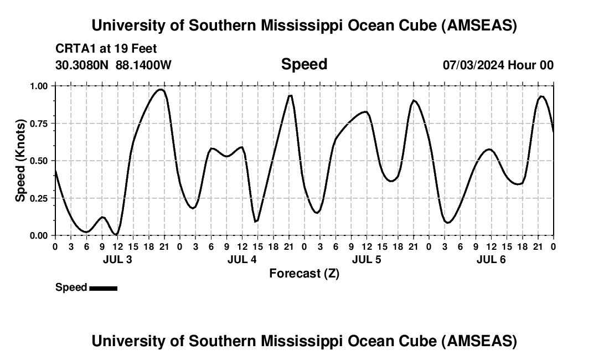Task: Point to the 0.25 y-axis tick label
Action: (40, 198)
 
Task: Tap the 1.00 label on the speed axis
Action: (40, 86)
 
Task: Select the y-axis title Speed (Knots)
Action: (20, 160)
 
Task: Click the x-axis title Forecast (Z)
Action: (304, 274)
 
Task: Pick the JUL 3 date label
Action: (117, 259)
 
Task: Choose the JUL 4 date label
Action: (242, 259)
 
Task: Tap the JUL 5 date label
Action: (367, 259)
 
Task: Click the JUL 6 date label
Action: (491, 259)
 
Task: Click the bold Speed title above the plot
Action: (304, 64)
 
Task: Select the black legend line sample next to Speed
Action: (103, 288)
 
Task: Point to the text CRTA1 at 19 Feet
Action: (106, 49)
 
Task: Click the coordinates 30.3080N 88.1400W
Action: (113, 65)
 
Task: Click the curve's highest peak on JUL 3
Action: (161, 89)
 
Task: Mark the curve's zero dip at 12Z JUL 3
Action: (116, 234)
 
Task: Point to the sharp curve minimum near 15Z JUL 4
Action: (256, 222)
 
